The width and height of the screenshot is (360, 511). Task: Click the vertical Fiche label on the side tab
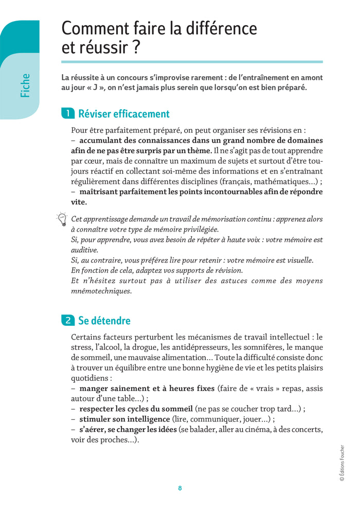click(25, 85)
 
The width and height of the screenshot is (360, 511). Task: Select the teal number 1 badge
click(67, 114)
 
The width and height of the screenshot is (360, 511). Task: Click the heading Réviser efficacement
click(123, 114)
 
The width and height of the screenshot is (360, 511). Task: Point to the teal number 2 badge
click(67, 321)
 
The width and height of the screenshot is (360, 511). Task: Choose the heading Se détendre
click(104, 321)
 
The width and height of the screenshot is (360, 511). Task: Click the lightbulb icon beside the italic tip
click(62, 220)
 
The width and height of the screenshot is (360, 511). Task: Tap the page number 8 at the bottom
click(179, 488)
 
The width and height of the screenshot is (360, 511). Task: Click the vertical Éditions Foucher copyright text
click(342, 463)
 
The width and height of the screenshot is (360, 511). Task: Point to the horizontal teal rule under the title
click(192, 62)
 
